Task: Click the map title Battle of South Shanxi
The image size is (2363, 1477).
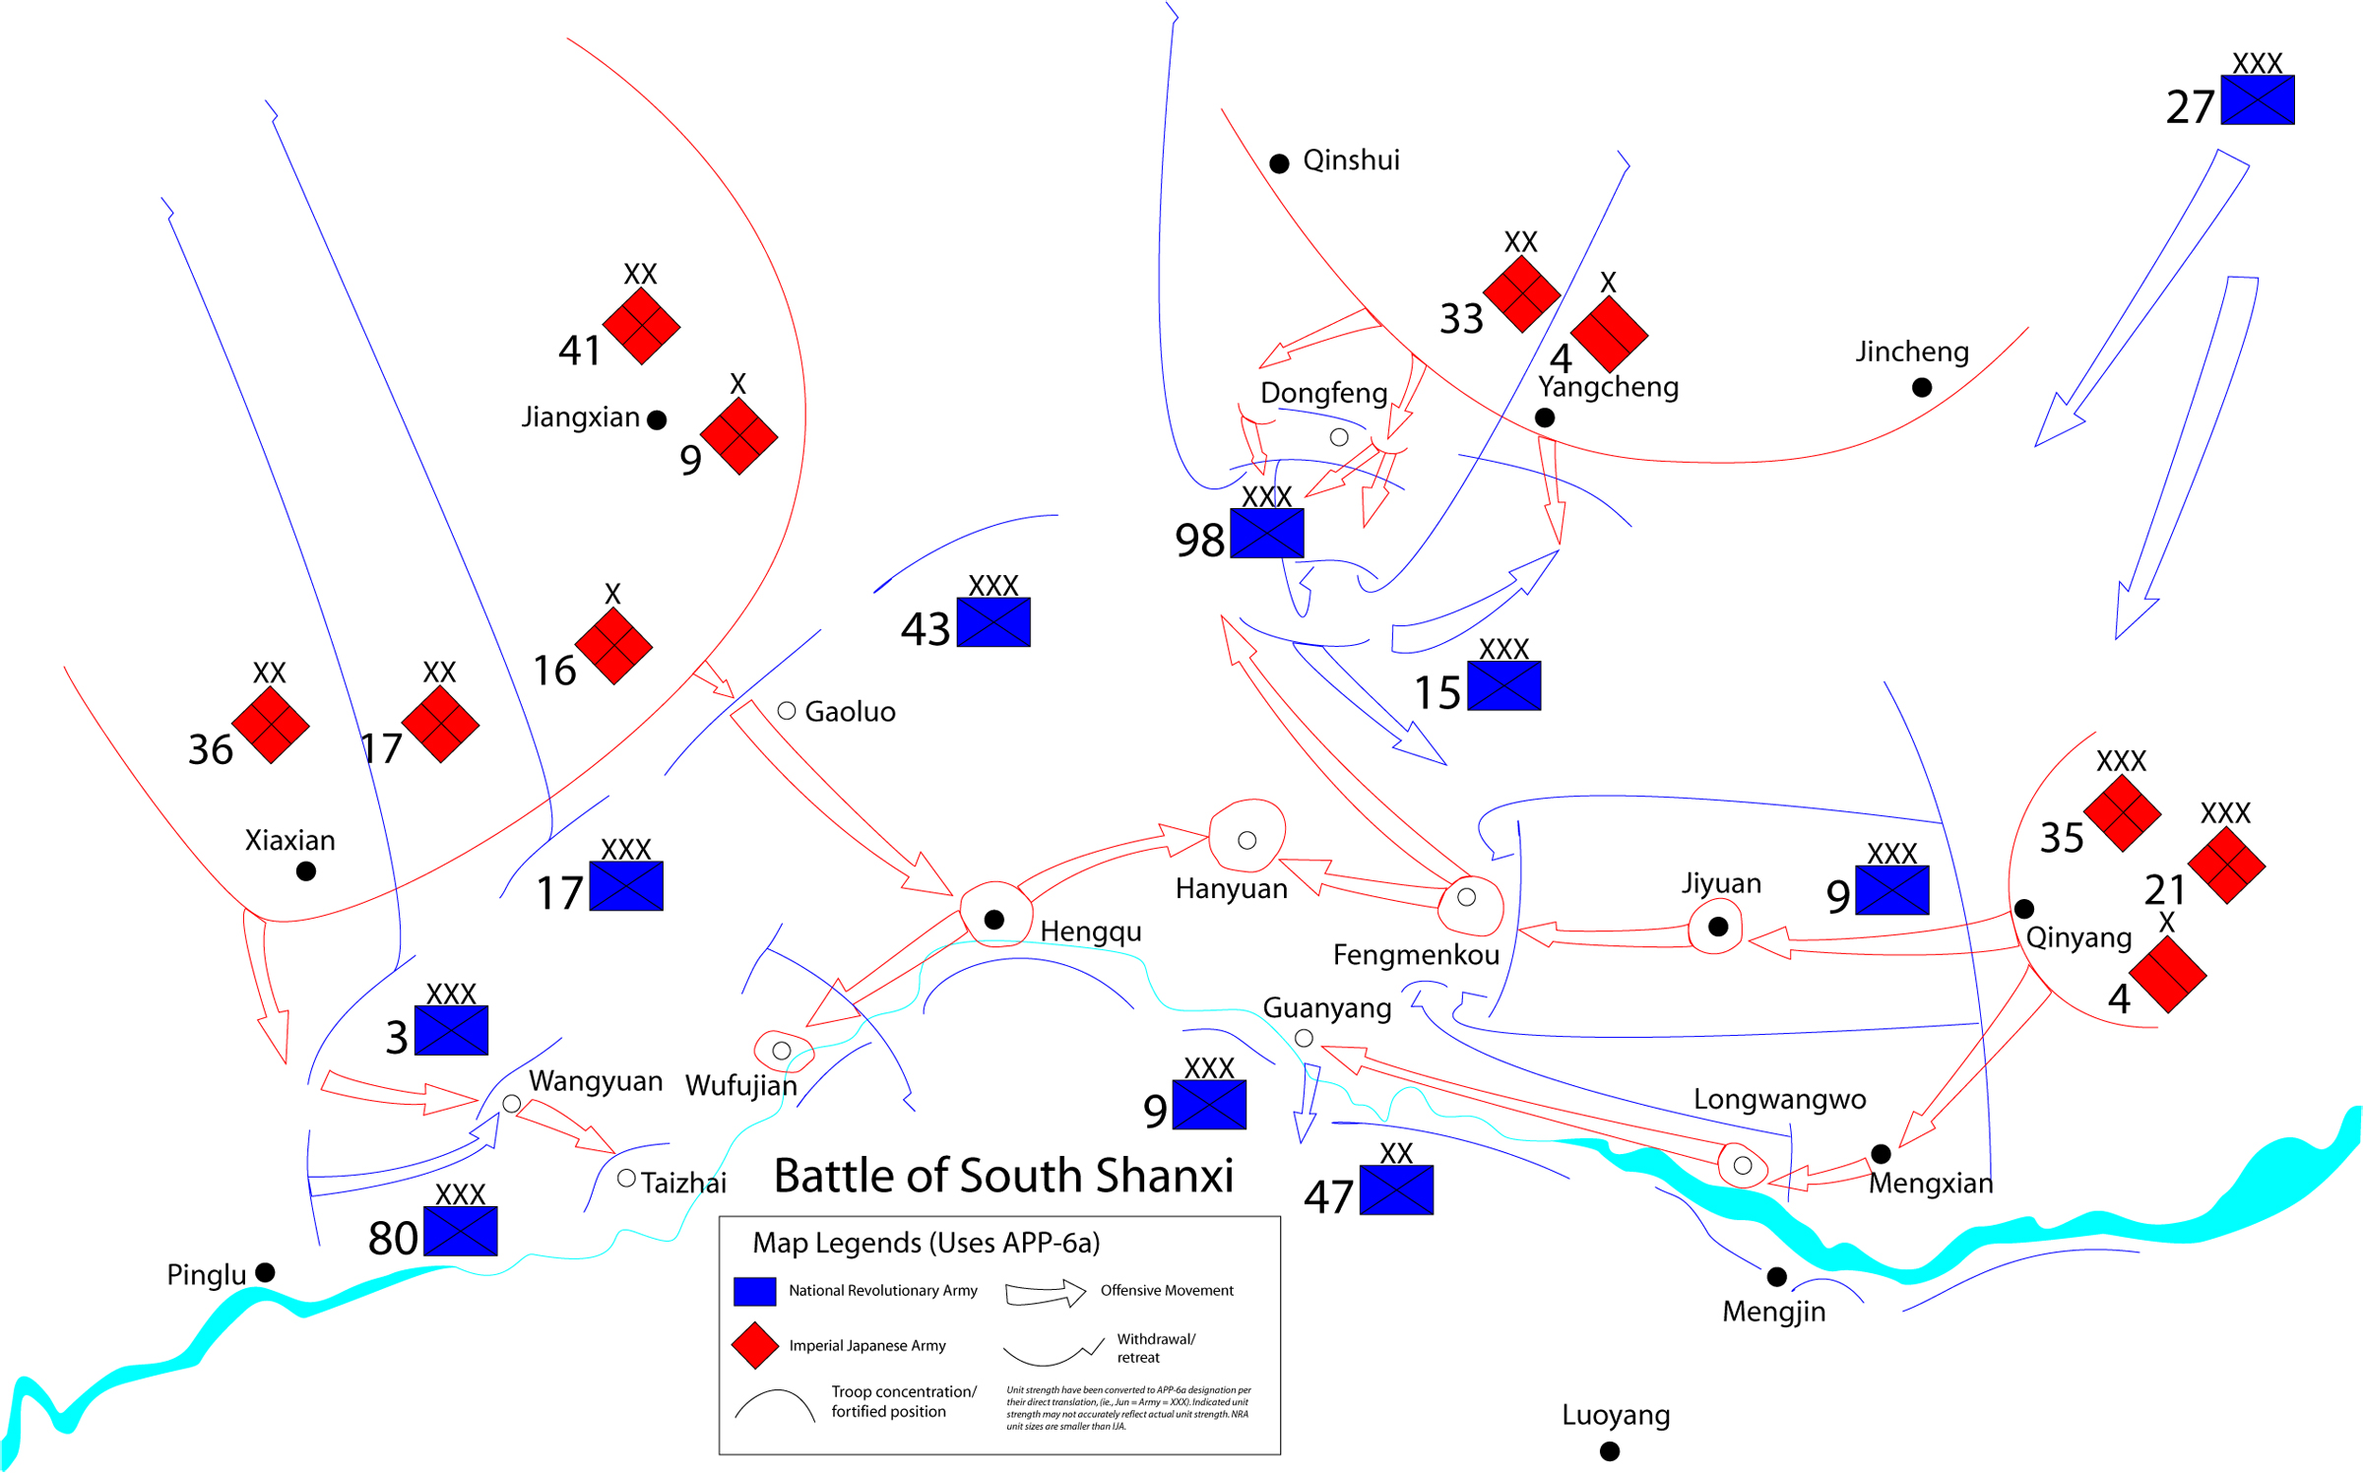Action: [1003, 1176]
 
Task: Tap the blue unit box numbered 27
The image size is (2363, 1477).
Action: [2257, 100]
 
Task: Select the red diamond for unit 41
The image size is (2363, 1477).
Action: [641, 326]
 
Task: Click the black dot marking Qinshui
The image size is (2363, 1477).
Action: [1279, 163]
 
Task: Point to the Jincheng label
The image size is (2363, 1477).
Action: [1912, 352]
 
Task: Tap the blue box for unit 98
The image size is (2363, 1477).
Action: [1266, 533]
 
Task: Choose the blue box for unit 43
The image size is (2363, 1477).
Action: [993, 622]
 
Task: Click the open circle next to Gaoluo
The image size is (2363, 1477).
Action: [787, 711]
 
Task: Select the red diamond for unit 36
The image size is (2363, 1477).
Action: [271, 725]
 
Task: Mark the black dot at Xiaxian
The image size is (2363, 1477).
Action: [306, 871]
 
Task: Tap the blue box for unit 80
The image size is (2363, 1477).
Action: [460, 1231]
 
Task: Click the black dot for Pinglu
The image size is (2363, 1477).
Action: [265, 1272]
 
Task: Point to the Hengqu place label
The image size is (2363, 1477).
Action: [1091, 931]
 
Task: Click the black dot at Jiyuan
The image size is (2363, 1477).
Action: [1718, 927]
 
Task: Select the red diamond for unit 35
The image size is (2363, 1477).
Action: [2122, 813]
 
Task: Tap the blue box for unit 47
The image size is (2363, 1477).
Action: [1396, 1189]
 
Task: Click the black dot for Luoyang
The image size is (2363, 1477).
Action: [1610, 1451]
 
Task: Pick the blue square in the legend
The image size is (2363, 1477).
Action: [755, 1291]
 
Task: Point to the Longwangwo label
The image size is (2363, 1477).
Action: [1779, 1099]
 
